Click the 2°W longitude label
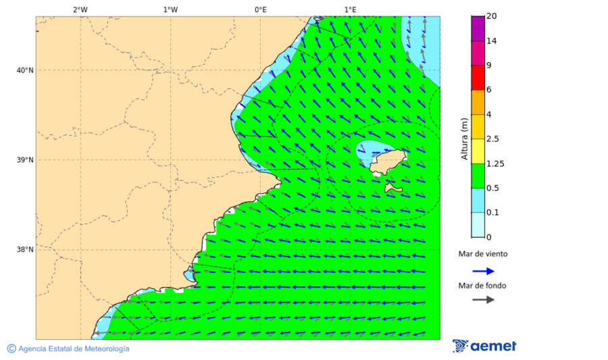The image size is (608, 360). pos(80,9)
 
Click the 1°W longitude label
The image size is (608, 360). pos(170,9)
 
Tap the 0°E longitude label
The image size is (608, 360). pos(260,9)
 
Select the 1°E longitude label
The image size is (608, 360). pos(350,9)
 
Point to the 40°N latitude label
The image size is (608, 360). pos(25,70)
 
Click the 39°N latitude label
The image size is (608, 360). pos(25,160)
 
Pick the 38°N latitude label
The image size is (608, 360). pos(25,250)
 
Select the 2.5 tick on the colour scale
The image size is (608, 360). pos(492,139)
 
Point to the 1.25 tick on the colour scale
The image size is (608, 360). pos(495,163)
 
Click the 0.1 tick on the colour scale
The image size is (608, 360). pos(492,213)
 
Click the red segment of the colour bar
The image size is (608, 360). pos(478,78)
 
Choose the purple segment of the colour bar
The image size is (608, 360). pos(478,28)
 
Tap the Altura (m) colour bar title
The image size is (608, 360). pos(464,139)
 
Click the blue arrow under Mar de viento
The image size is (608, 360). pos(483,271)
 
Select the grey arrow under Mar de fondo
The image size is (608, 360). pos(483,300)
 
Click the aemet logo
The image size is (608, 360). pos(484,346)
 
